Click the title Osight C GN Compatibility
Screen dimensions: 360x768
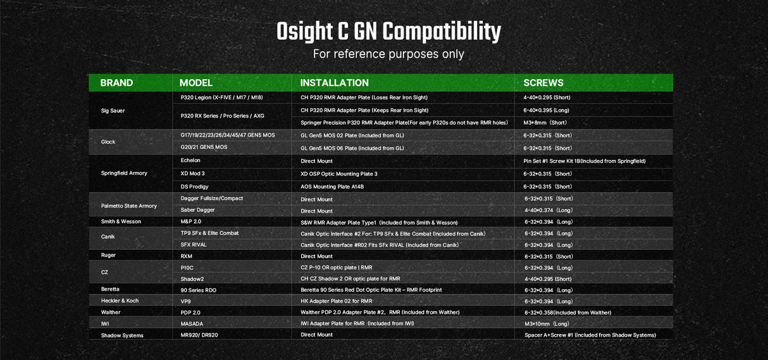point(388,32)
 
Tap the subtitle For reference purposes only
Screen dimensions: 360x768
point(388,54)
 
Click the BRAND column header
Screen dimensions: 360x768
point(116,83)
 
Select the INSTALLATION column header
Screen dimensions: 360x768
point(334,83)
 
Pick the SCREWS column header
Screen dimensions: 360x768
point(543,83)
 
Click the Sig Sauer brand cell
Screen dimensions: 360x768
point(113,111)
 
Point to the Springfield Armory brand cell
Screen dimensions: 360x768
point(124,173)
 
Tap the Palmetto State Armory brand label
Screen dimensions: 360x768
point(128,206)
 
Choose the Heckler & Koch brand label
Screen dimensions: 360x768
point(120,301)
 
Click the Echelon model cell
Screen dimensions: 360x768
point(191,161)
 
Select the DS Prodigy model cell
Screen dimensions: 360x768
point(194,187)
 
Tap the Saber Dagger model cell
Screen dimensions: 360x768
point(197,210)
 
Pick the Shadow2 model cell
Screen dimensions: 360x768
point(192,279)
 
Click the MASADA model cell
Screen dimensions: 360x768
point(193,323)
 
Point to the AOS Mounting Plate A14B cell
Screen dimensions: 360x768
point(332,187)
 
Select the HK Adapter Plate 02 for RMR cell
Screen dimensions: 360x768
point(336,301)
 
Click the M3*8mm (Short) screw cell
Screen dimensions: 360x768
point(545,123)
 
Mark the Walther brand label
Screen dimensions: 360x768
point(111,313)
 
